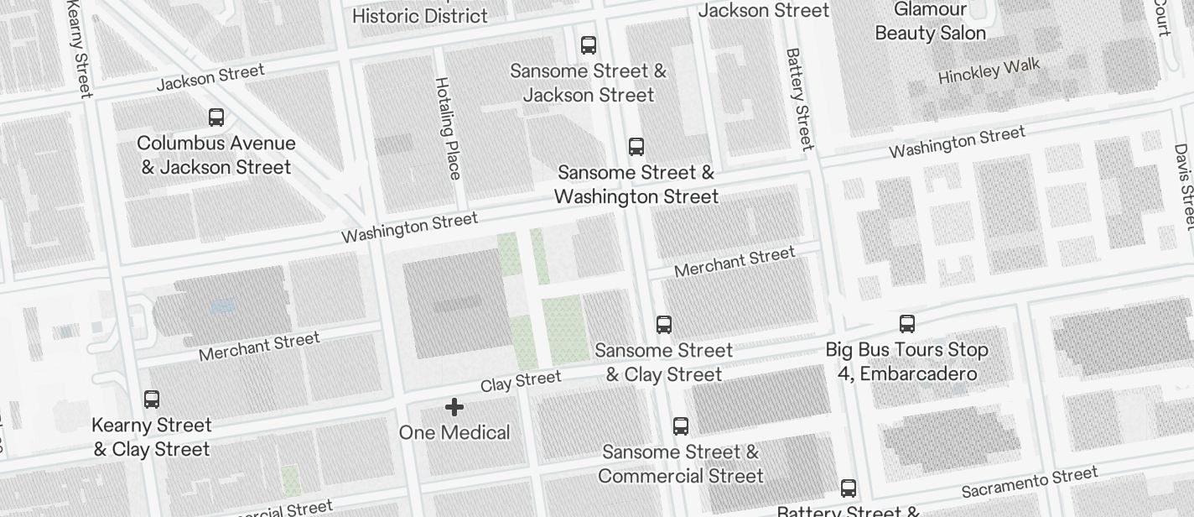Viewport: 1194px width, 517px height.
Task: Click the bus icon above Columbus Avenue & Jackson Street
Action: [x=216, y=117]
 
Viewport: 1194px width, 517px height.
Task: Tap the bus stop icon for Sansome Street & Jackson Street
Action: [x=589, y=45]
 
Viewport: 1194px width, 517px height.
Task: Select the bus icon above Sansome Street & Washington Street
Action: [x=636, y=147]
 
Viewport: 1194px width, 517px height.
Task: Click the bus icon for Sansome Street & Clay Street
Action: [x=664, y=324]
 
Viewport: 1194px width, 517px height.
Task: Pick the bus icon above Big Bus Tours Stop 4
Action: [x=906, y=324]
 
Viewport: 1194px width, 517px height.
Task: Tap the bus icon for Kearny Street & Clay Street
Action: [x=152, y=399]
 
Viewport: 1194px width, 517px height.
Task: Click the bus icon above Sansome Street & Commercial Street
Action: [x=681, y=426]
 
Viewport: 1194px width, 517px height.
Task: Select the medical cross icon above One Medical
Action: [x=454, y=407]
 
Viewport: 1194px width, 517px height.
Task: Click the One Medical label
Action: [x=454, y=432]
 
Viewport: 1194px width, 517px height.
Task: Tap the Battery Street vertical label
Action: [x=800, y=98]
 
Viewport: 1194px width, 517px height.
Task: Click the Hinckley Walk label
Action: [x=989, y=70]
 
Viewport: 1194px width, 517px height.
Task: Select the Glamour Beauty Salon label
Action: [x=930, y=22]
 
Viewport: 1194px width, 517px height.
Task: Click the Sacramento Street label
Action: [x=1029, y=482]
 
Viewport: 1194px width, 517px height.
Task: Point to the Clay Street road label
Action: [x=521, y=381]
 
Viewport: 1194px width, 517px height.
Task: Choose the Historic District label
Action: [x=419, y=15]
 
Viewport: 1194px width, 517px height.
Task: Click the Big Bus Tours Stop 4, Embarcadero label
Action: [x=906, y=361]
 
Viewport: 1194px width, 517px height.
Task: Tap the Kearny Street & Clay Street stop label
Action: [x=152, y=437]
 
